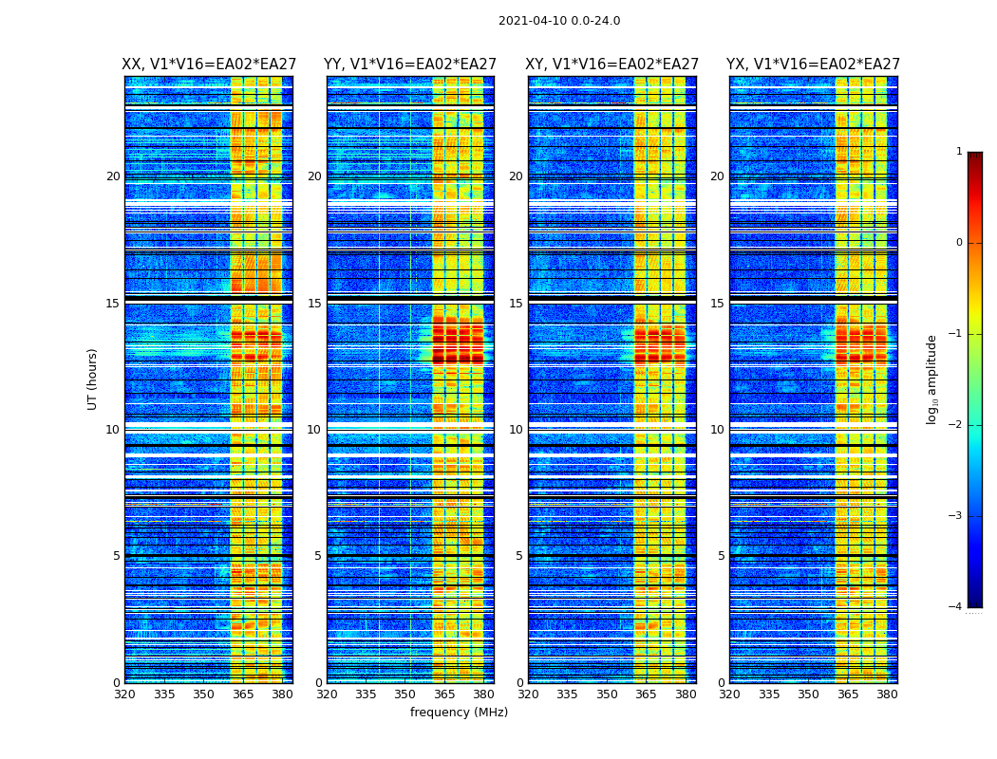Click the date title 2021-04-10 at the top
pos(559,21)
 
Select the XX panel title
pos(209,65)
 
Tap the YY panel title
pos(410,65)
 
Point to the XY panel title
pos(612,65)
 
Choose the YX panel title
pos(813,65)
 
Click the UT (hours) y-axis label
pos(93,379)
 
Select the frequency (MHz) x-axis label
pos(459,713)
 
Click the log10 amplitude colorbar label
pos(932,379)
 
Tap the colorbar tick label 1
pos(959,152)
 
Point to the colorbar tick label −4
pos(956,607)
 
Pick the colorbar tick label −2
pos(956,425)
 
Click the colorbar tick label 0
pos(959,243)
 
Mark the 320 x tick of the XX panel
pos(124,694)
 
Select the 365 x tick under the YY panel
pos(444,694)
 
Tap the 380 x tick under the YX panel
pos(887,694)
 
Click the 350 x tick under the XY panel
pos(607,694)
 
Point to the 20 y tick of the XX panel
pos(113,176)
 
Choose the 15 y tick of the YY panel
pos(314,304)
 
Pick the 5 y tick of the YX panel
pos(721,556)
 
